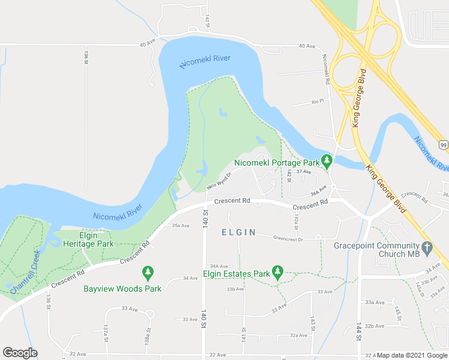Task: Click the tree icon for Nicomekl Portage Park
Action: point(327,161)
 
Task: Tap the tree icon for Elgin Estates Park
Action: point(277,273)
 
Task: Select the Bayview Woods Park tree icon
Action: point(148,273)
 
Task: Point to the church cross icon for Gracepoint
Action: point(427,247)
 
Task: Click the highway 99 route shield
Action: point(442,145)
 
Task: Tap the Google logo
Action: point(20,353)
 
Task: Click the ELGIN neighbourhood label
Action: point(238,232)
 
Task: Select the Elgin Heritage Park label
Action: point(88,239)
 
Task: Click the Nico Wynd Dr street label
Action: point(219,181)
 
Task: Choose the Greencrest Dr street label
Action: point(288,238)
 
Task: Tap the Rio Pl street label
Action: point(318,101)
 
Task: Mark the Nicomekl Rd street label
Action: point(327,69)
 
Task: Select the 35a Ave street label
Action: point(181,226)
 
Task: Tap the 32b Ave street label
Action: point(375,326)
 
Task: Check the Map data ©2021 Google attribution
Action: point(412,355)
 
